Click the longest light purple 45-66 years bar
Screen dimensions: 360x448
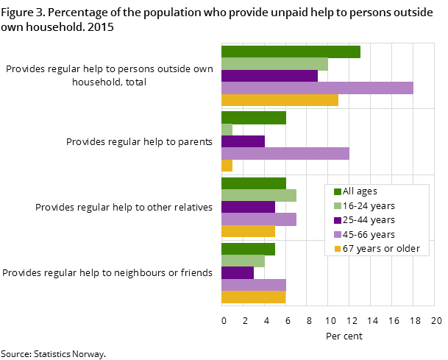click(x=317, y=88)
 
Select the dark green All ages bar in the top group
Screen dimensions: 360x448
click(x=291, y=52)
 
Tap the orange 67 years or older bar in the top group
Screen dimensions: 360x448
click(x=280, y=100)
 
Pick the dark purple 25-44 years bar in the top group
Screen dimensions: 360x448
click(x=269, y=76)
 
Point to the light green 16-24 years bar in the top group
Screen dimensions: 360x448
click(x=274, y=64)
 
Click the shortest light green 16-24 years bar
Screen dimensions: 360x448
click(x=227, y=130)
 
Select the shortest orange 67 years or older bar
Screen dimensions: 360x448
click(x=227, y=166)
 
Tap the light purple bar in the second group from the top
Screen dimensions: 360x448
click(x=285, y=154)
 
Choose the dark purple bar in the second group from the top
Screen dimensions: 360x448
click(x=243, y=141)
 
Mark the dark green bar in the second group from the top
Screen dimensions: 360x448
click(x=254, y=118)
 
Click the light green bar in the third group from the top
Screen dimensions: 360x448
click(x=259, y=195)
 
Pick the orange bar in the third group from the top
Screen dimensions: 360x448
click(x=248, y=231)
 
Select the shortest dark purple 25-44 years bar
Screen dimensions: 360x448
click(x=238, y=273)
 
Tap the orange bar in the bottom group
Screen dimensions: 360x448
click(x=253, y=297)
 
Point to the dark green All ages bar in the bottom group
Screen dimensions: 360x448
click(x=248, y=249)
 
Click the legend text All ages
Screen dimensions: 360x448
click(x=360, y=191)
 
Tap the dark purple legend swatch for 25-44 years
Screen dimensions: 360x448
click(x=338, y=220)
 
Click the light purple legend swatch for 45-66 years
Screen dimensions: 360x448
click(x=338, y=235)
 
